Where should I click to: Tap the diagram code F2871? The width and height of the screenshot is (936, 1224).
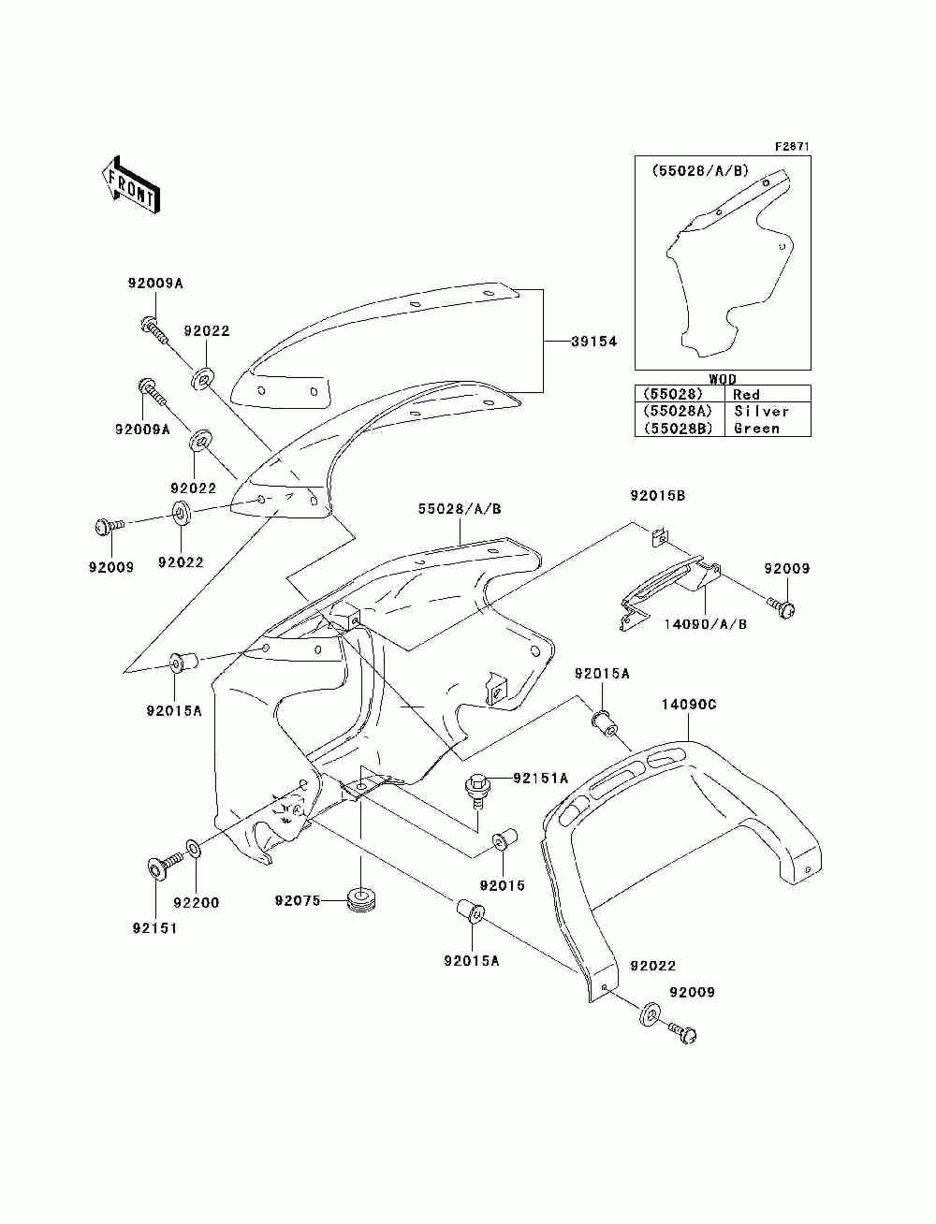click(792, 147)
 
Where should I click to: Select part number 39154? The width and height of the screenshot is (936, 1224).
click(594, 342)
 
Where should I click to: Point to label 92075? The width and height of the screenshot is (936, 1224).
click(298, 900)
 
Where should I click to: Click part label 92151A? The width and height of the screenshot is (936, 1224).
click(540, 778)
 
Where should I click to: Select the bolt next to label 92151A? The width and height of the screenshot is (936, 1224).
click(477, 790)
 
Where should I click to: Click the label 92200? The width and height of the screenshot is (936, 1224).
click(196, 903)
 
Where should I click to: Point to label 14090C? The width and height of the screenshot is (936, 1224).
click(689, 705)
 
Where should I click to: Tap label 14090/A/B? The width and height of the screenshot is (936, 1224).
click(705, 623)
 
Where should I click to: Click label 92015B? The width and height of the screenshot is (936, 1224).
click(658, 495)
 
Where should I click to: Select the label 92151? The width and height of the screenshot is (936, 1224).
click(154, 928)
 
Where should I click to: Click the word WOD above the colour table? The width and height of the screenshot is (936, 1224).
click(723, 379)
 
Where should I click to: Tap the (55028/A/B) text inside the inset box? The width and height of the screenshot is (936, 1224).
click(701, 170)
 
